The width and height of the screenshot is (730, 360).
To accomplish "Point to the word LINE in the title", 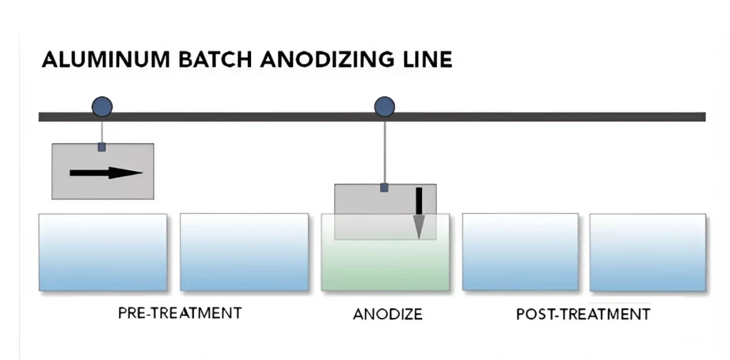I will click(x=427, y=58).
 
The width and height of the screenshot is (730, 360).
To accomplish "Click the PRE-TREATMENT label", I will click(x=180, y=313).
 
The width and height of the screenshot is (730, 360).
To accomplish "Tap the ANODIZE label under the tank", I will click(x=388, y=314).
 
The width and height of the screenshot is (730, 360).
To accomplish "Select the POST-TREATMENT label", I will click(x=583, y=314).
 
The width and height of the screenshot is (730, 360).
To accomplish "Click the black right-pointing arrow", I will click(x=106, y=173).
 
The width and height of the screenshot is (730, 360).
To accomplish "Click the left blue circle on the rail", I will click(x=102, y=108).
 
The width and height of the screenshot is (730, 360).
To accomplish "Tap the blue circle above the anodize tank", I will click(x=384, y=108).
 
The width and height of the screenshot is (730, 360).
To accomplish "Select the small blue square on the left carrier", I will click(x=101, y=147).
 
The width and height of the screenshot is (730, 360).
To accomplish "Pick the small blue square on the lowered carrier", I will click(x=384, y=187).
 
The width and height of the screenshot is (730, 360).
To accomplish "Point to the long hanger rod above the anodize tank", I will click(x=384, y=150).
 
